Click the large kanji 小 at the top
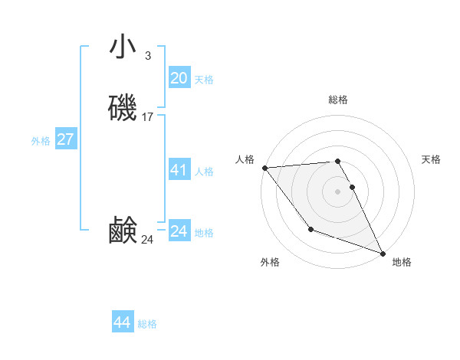123,47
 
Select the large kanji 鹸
123,231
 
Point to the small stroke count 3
147,55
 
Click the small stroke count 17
148,117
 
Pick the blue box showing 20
179,77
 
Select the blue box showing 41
179,169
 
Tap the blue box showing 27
66,139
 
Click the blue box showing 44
123,322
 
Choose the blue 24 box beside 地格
179,231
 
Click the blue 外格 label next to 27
41,141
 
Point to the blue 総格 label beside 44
147,324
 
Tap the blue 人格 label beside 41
205,172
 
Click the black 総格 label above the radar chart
338,100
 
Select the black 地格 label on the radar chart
402,262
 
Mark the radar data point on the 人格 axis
264,168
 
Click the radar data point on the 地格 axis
383,254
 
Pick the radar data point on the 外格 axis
310,229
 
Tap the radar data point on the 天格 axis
353,187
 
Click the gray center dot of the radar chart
338,191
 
